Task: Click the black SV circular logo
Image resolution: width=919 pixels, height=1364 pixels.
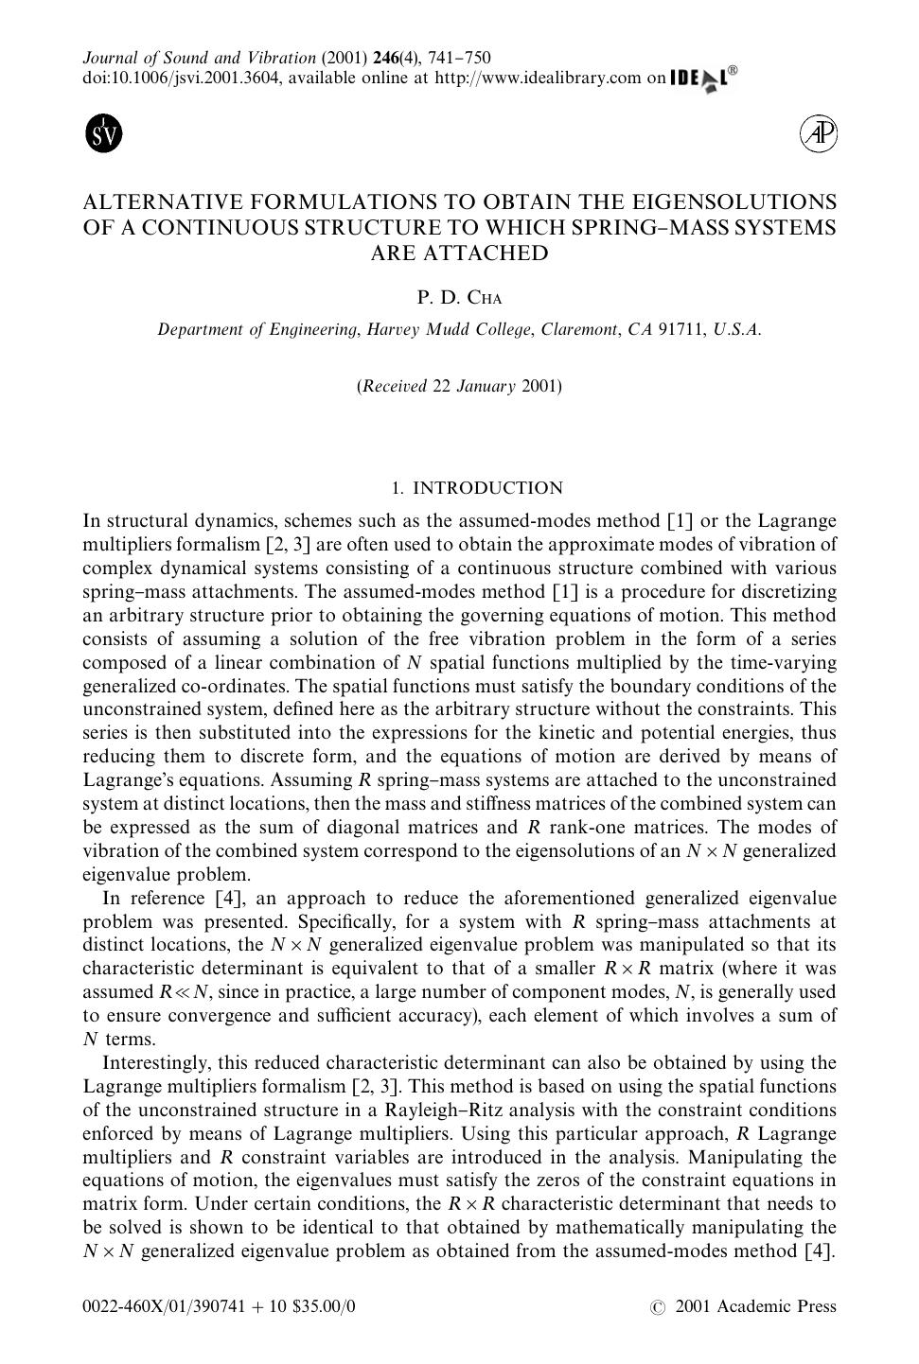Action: [x=104, y=134]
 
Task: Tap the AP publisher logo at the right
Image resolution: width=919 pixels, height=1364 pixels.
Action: [x=819, y=134]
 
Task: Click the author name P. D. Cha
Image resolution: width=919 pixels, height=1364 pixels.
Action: [x=459, y=298]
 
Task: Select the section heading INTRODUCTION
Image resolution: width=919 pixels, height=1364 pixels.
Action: [x=487, y=488]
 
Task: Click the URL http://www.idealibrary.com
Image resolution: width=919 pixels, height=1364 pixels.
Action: [x=538, y=79]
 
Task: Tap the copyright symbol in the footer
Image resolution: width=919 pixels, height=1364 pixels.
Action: [x=658, y=1308]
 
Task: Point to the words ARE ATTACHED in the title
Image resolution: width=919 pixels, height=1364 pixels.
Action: [x=459, y=254]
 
